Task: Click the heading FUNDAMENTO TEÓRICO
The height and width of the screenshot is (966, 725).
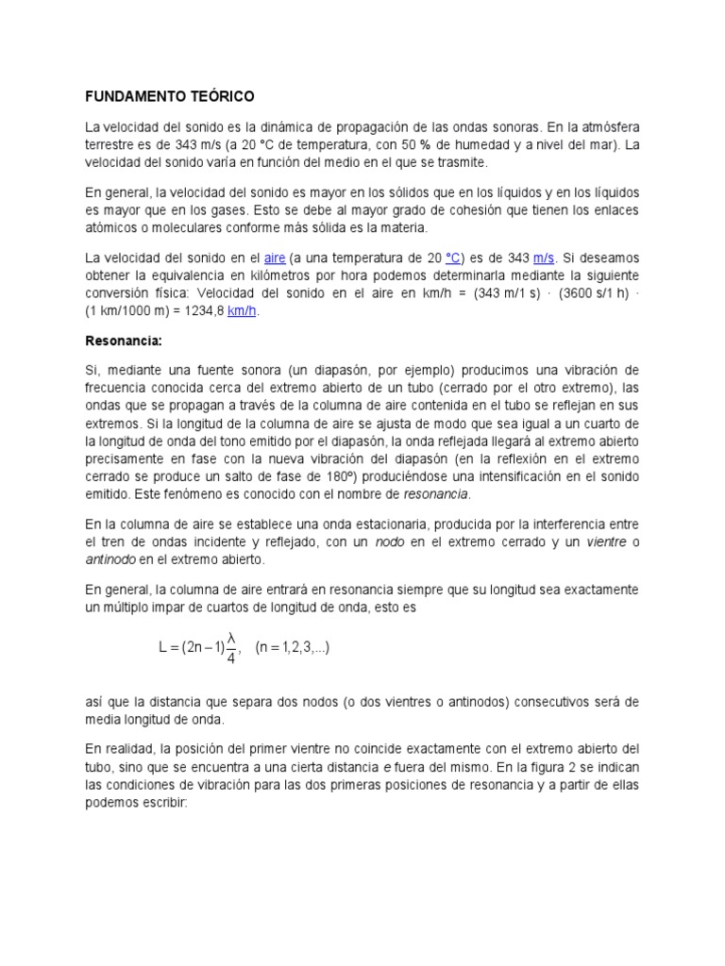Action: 170,96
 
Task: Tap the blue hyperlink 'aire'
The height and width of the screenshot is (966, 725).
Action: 275,258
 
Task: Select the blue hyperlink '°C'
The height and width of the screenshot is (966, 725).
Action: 452,258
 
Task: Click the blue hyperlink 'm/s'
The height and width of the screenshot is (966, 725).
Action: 545,258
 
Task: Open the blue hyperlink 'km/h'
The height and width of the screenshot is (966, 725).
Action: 243,313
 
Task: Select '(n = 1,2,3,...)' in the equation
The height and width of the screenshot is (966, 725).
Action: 293,648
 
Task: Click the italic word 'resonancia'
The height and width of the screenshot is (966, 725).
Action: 436,493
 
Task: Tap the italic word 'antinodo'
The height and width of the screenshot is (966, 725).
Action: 111,560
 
